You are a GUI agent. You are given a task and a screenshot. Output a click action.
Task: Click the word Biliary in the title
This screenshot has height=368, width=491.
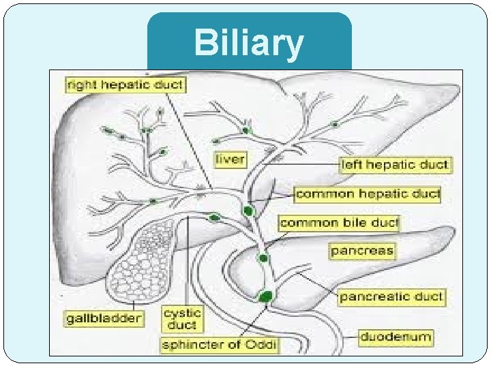coord(248,44)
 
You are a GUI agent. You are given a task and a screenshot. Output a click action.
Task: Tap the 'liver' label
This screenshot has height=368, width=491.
coord(230,160)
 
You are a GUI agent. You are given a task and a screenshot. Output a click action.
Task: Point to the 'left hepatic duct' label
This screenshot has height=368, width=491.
coord(396,164)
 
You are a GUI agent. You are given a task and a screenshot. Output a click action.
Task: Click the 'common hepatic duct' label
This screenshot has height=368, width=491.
coord(368,194)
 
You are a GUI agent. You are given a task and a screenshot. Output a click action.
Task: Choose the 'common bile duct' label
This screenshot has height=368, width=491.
coord(339,223)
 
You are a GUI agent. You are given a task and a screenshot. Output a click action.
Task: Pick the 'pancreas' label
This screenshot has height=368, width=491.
coord(362,251)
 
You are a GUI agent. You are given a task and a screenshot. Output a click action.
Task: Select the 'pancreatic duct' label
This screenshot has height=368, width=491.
coord(391,296)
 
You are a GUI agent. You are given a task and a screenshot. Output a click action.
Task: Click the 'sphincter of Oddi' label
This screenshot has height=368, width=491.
coord(219,345)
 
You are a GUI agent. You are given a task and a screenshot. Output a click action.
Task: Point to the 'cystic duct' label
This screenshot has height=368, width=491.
coord(182,319)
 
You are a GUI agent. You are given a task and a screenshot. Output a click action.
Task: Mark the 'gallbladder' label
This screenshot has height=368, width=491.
coord(104,318)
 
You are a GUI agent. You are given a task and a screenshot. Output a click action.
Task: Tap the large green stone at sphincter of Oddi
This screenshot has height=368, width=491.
coord(266,296)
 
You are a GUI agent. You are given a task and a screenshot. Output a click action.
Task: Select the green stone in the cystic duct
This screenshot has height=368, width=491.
coord(215,217)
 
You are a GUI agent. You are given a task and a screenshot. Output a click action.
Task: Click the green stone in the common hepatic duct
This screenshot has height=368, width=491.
coord(248,211)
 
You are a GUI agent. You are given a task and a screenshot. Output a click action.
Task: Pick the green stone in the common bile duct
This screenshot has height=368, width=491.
coord(263,258)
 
